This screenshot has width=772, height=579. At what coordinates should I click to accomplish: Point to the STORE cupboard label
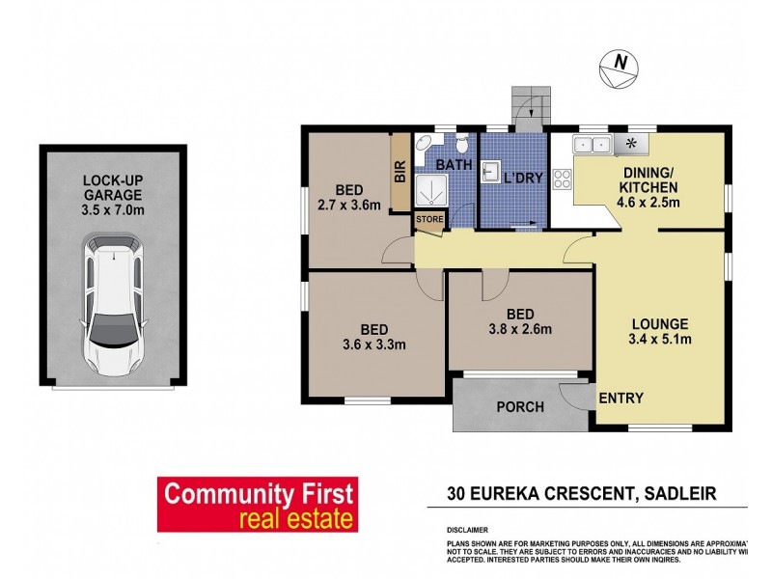point(429,220)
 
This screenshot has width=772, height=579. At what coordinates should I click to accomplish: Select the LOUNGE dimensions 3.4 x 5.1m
point(660,339)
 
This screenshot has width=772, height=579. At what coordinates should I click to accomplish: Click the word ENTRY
point(621,398)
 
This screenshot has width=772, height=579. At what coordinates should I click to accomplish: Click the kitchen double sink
point(593,145)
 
